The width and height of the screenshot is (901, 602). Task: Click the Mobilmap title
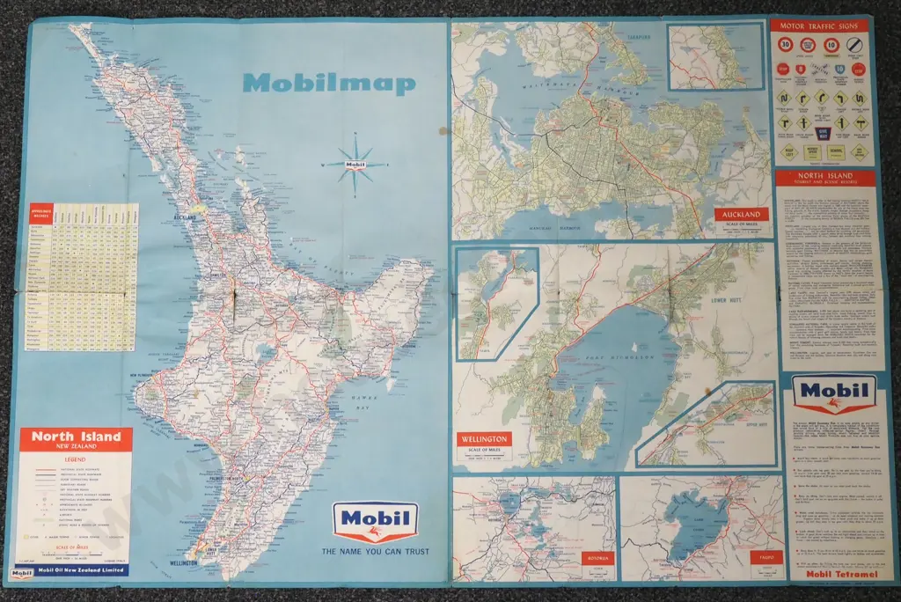pyautogui.click(x=328, y=84)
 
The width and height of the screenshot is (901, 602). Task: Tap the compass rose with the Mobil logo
pyautogui.click(x=355, y=164)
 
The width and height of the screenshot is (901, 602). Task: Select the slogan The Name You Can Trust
pyautogui.click(x=375, y=553)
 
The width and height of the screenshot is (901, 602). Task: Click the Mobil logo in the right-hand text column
pyautogui.click(x=833, y=393)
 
